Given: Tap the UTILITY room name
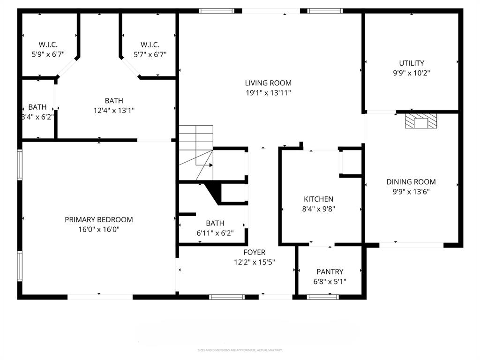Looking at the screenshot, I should click(412, 63).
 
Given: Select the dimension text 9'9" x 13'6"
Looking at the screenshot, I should click(411, 191).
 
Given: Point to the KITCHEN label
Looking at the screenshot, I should click(318, 199).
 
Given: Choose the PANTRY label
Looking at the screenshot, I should click(330, 271).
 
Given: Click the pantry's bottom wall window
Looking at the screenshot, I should click(322, 297).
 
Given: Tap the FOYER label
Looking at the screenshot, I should click(254, 252).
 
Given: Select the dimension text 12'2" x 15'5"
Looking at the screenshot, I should click(254, 262).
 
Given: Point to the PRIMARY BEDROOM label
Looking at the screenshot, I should click(98, 219).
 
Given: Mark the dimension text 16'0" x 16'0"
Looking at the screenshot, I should click(98, 229).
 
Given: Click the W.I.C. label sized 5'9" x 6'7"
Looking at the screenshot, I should click(48, 45).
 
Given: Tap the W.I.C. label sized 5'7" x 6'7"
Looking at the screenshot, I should click(150, 45).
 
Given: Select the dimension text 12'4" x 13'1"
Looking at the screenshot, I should click(114, 111).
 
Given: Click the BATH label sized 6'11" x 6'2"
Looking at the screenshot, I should click(215, 223).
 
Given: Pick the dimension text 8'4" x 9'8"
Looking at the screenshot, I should click(318, 209).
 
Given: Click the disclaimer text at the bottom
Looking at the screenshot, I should click(240, 350).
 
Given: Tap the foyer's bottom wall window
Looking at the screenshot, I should click(227, 297).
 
